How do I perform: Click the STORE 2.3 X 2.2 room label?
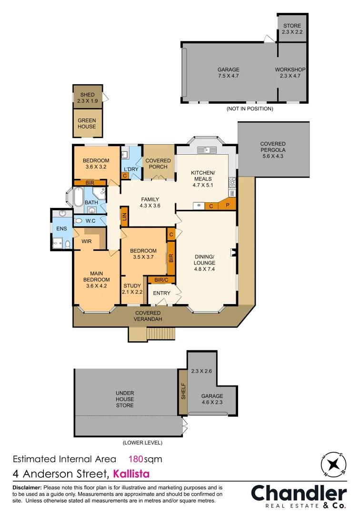[292, 29]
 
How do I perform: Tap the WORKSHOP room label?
[290, 73]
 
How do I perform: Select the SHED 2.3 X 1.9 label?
[87, 98]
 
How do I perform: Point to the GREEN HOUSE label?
[87, 123]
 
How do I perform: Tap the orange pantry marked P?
[228, 206]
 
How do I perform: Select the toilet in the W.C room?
[79, 221]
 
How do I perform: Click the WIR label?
[87, 241]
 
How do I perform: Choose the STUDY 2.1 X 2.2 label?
[132, 289]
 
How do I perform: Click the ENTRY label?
[161, 293]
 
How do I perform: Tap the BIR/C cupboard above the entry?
[161, 280]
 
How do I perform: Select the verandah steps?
[161, 334]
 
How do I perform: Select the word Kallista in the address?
[131, 474]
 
